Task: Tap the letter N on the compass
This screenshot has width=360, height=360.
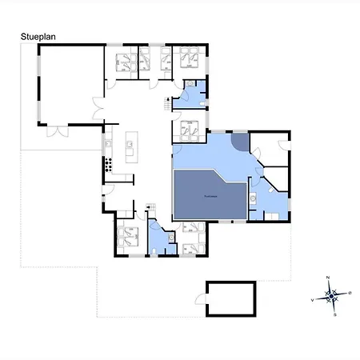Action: point(329,277)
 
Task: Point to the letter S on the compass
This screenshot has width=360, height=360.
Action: point(334,314)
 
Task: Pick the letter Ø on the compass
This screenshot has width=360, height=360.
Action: point(350,293)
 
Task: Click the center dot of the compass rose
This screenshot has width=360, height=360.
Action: point(331,296)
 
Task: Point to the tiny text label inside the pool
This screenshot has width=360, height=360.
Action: point(210,194)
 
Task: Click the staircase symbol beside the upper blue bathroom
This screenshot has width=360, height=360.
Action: point(168,102)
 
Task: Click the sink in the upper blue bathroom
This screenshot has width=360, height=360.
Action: point(191,86)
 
